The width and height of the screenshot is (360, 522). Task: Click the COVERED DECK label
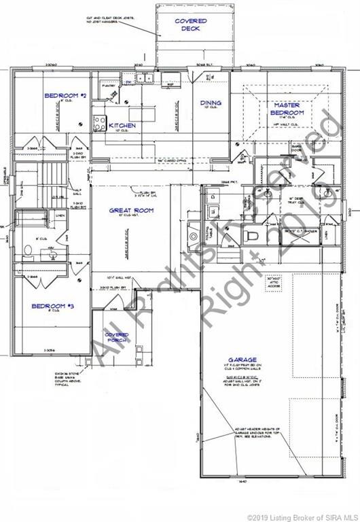click(191, 25)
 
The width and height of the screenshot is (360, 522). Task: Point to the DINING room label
click(211, 103)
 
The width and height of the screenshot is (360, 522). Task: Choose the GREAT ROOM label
click(131, 211)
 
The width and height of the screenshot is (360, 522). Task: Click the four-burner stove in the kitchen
click(98, 122)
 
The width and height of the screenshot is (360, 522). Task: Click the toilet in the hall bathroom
click(29, 250)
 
